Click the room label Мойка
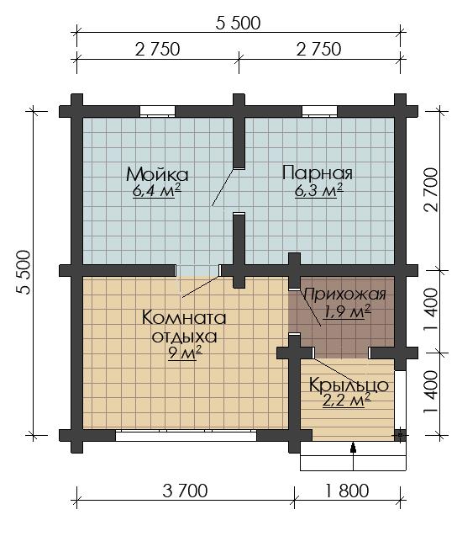coord(157,174)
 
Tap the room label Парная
coord(317,173)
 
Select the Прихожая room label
coord(345,294)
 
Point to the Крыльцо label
coord(349,385)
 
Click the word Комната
coord(184,317)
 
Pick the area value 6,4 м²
coord(156,191)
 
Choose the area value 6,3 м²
coord(318,190)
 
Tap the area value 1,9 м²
coord(347,311)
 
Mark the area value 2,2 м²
coord(347,400)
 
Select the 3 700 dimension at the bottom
coord(185,491)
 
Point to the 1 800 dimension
coord(347,491)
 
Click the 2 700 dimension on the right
coord(431,190)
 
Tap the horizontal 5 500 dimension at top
coord(239,23)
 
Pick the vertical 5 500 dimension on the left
coord(24,273)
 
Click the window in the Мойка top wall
coord(157,111)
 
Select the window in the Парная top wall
coord(319,111)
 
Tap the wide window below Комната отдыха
coord(186,436)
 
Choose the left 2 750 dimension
coord(157,49)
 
